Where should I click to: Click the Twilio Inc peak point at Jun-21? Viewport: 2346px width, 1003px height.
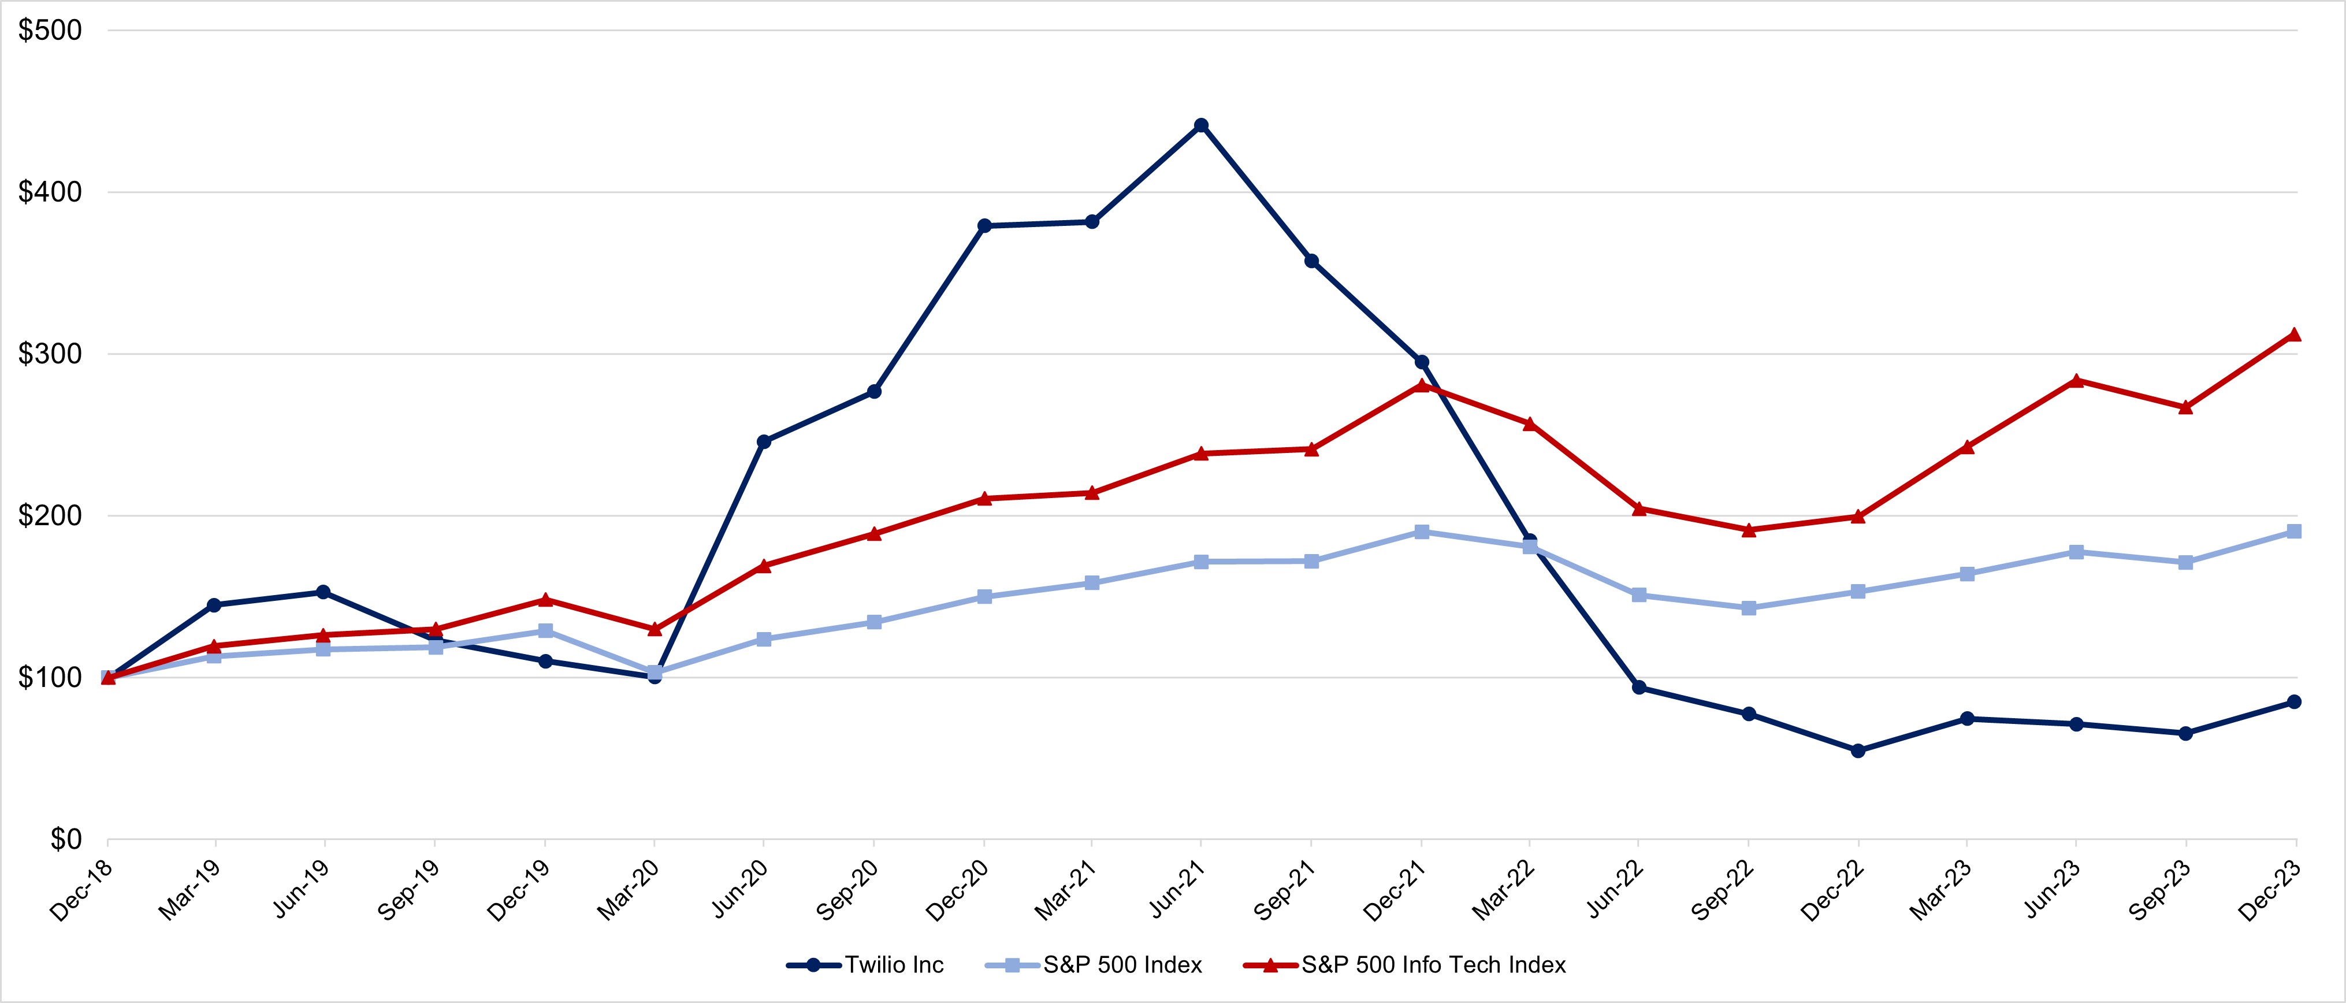(1201, 125)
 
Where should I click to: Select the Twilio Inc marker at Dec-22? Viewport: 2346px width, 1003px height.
(1858, 751)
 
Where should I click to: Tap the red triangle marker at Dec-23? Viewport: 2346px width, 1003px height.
(2294, 335)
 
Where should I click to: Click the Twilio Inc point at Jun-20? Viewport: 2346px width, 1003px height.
(764, 442)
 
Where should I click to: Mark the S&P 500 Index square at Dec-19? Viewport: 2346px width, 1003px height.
(545, 630)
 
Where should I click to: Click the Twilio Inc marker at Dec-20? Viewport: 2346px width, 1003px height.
(984, 225)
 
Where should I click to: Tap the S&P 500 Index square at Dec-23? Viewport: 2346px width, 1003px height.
(2294, 531)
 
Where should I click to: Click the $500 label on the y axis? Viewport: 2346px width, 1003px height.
(50, 30)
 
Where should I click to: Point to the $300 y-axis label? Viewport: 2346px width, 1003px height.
(50, 354)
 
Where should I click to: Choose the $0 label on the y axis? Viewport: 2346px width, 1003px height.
(66, 839)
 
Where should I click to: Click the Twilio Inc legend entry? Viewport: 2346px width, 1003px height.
(866, 965)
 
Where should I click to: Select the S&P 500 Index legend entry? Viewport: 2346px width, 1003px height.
(1095, 965)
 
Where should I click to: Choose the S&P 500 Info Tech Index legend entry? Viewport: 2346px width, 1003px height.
(1406, 965)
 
